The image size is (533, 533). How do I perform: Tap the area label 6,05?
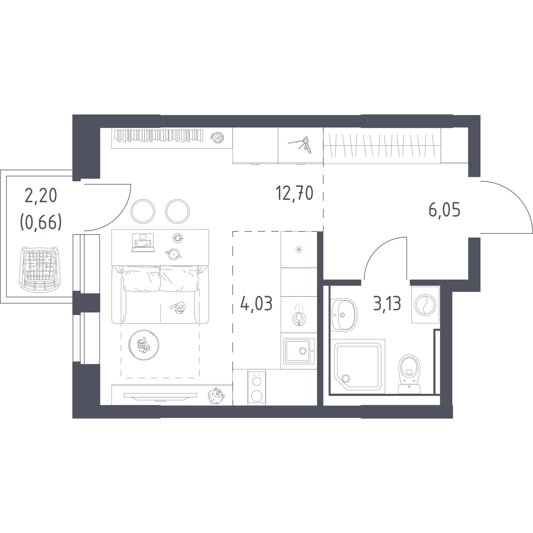point(445,210)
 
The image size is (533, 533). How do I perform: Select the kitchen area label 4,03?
point(256,303)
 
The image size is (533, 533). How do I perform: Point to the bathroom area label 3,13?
point(387,303)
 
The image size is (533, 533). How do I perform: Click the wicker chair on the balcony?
point(40,270)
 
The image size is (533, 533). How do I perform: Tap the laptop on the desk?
point(143,243)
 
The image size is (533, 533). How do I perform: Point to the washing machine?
point(425,305)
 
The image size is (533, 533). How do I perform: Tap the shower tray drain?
point(346,378)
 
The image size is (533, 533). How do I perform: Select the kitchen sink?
point(299,351)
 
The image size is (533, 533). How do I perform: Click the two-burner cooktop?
point(257,387)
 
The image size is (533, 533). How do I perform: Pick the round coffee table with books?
point(143,345)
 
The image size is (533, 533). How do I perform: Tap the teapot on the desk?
point(174,254)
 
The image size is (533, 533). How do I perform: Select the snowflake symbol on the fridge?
point(299,250)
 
